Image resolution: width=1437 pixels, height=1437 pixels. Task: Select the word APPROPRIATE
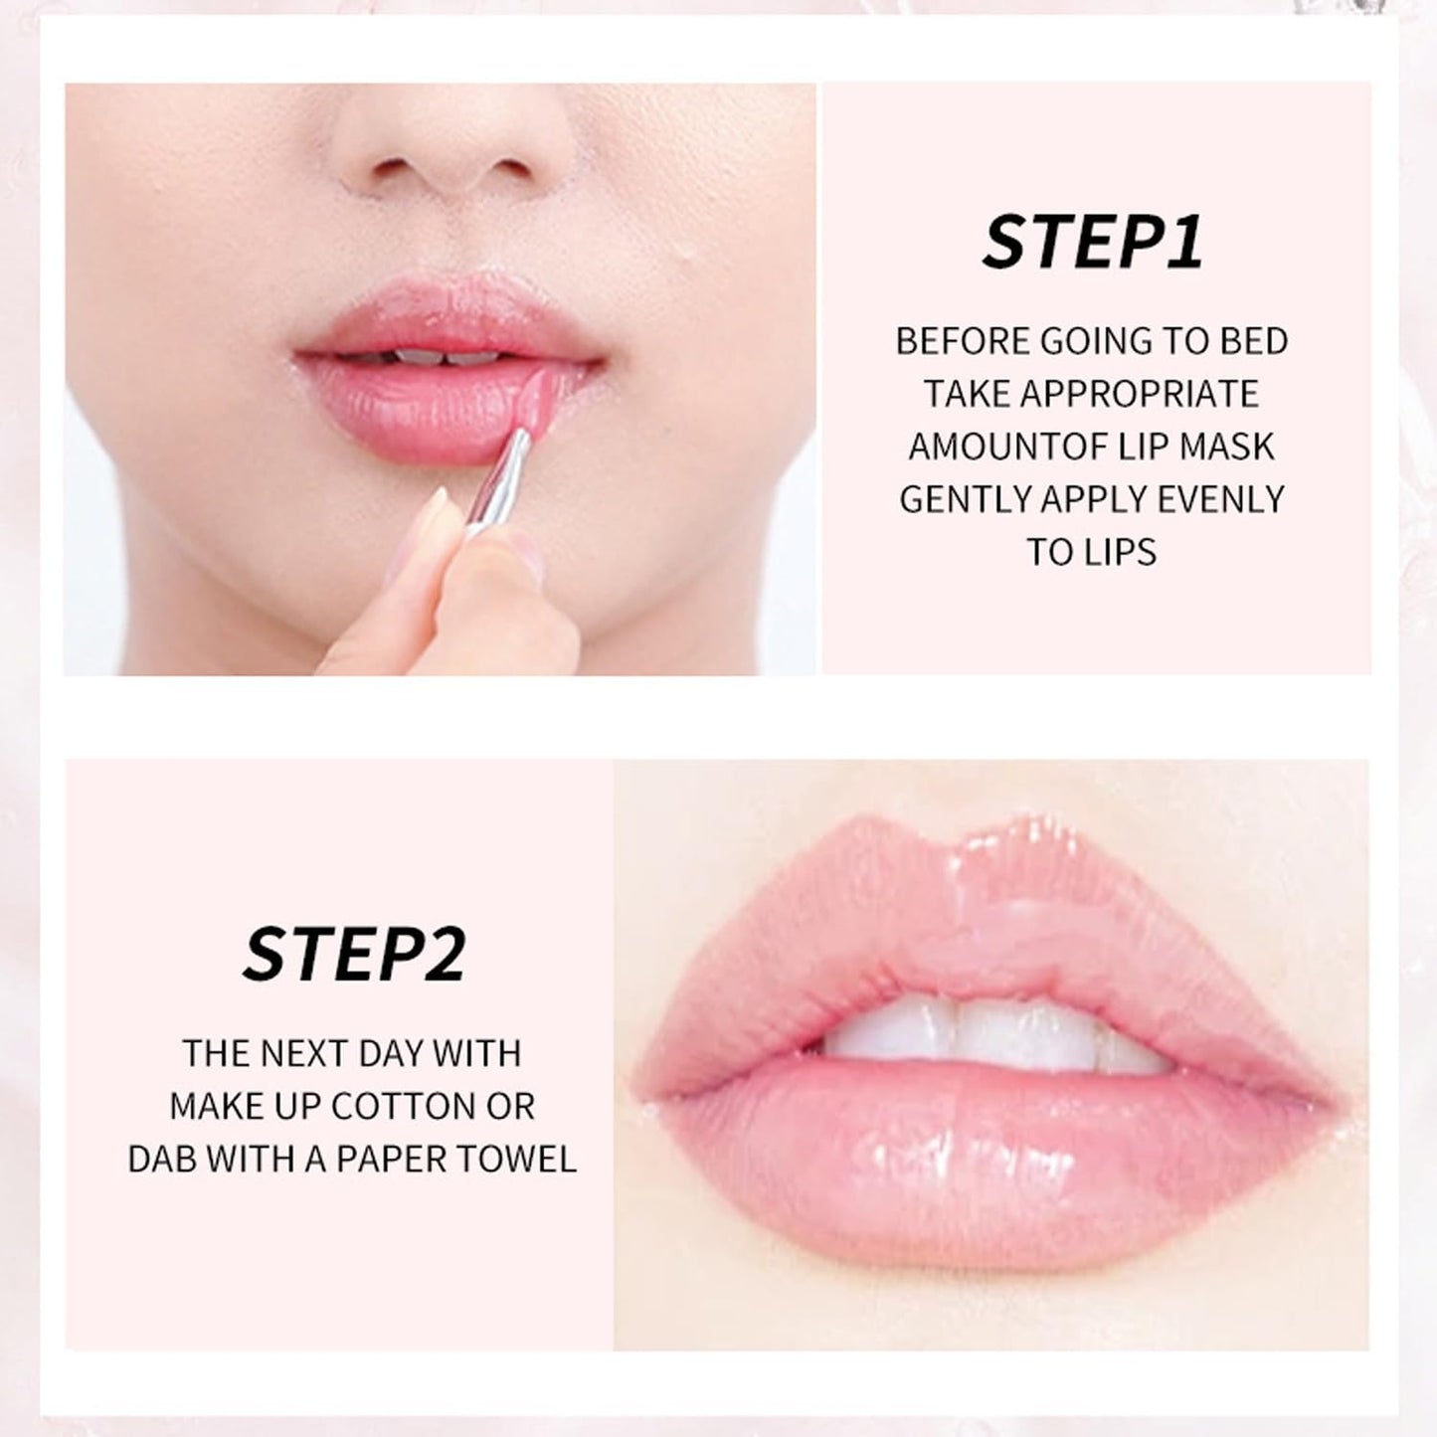click(x=1141, y=394)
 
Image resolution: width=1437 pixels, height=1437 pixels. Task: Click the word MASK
click(x=1226, y=447)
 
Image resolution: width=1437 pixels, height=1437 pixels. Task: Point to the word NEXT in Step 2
click(x=306, y=1053)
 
